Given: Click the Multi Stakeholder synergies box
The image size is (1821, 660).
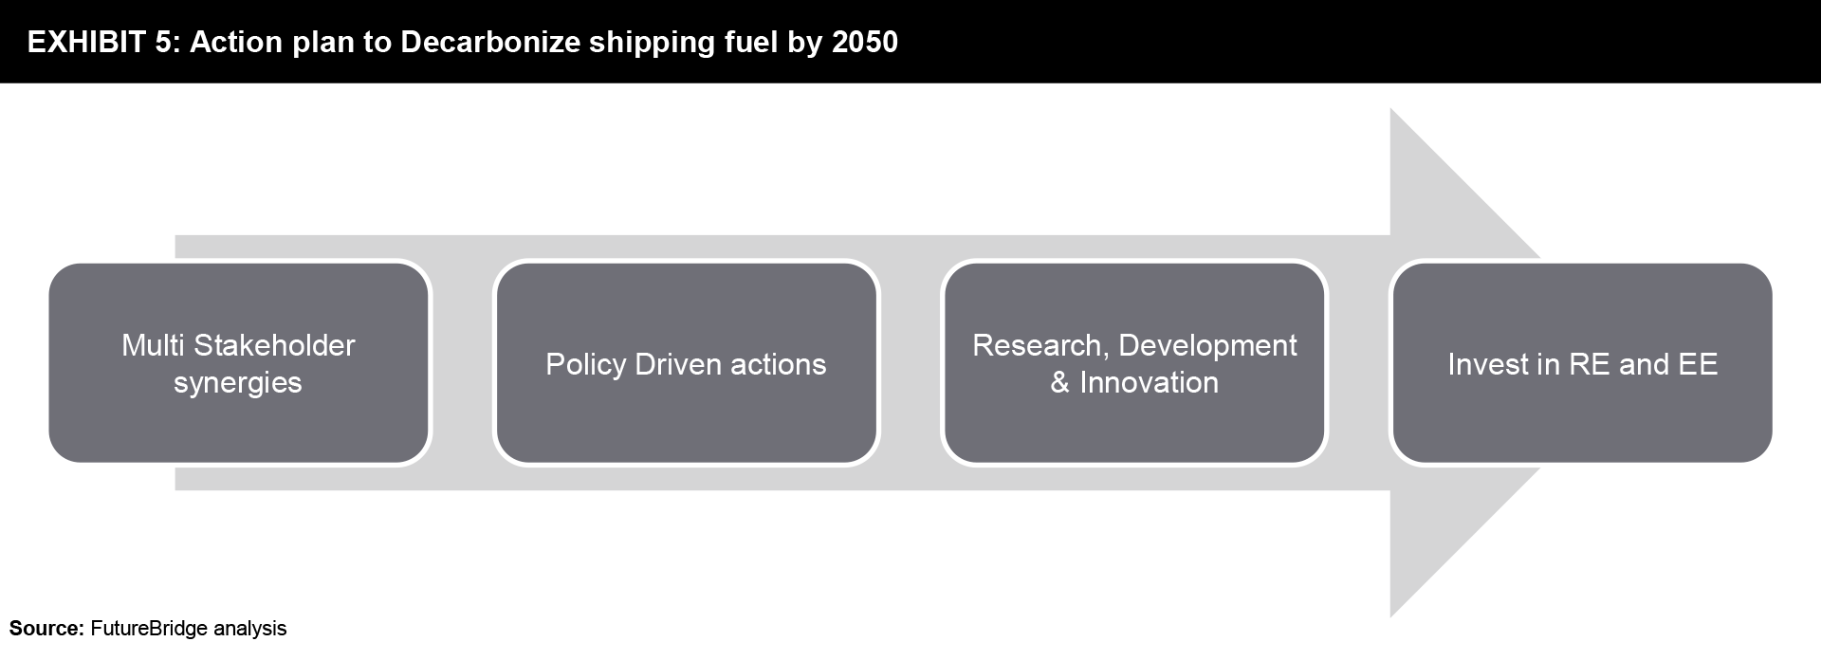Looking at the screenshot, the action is pyautogui.click(x=239, y=363).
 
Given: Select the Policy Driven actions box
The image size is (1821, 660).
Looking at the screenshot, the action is pyautogui.click(x=686, y=363).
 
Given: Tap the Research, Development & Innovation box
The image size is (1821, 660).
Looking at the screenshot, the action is pyautogui.click(x=1134, y=363).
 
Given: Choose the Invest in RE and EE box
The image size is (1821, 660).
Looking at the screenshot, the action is pyautogui.click(x=1582, y=363).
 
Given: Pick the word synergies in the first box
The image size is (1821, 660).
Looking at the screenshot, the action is pyautogui.click(x=238, y=383).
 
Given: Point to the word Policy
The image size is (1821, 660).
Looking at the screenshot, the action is pyautogui.click(x=585, y=365).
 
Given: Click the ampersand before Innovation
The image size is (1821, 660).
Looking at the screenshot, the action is pyautogui.click(x=1060, y=383).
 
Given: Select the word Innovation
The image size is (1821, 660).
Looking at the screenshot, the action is pyautogui.click(x=1149, y=383).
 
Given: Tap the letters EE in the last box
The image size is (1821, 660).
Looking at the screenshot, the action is pyautogui.click(x=1698, y=364).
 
